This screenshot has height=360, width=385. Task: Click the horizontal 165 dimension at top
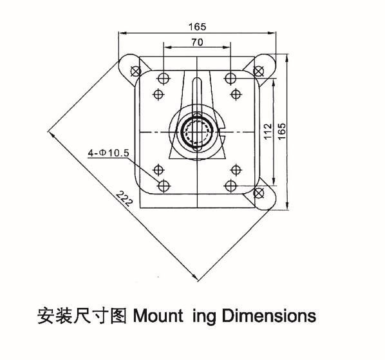[197, 26]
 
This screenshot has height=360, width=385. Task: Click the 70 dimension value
[197, 43]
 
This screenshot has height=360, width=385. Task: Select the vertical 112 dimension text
[268, 131]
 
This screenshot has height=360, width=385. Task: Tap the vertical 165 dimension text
[282, 131]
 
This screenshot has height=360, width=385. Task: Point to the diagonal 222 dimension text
[124, 198]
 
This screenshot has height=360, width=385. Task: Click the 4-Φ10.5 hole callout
[109, 153]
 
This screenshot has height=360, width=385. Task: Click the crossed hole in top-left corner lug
[136, 71]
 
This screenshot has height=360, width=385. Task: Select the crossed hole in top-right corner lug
[258, 71]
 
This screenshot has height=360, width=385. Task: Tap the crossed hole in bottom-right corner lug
[259, 193]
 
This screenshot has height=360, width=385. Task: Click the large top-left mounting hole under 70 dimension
[164, 79]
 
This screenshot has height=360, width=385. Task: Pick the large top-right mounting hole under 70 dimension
[230, 79]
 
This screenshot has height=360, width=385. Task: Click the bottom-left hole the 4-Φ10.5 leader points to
[164, 185]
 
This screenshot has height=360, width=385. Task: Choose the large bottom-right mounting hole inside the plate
[230, 185]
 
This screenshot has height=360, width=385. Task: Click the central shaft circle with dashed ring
[197, 132]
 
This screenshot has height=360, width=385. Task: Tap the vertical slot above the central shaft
[197, 95]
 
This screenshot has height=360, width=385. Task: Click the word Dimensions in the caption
[269, 316]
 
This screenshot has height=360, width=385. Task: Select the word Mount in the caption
[158, 316]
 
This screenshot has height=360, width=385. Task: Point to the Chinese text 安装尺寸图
[82, 316]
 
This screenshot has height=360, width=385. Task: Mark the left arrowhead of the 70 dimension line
[167, 47]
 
